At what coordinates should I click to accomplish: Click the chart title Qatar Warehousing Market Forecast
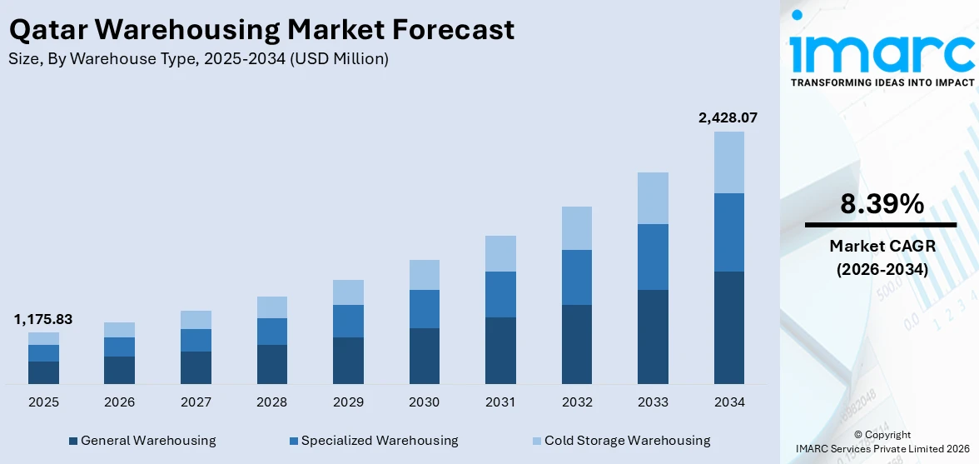(261, 30)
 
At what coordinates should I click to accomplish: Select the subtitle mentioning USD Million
(198, 59)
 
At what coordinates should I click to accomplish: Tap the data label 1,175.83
(43, 319)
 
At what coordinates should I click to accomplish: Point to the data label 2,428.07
(728, 118)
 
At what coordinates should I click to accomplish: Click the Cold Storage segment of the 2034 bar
(728, 162)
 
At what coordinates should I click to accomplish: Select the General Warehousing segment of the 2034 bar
(728, 327)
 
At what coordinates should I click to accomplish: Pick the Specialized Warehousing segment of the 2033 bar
(653, 257)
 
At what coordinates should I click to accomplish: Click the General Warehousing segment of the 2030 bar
(424, 356)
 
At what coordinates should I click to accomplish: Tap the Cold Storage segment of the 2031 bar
(500, 253)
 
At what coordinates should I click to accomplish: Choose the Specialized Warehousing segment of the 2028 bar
(272, 332)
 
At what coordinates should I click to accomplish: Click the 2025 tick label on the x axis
(43, 402)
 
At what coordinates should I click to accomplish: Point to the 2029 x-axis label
(348, 402)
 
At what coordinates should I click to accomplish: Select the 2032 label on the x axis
(577, 402)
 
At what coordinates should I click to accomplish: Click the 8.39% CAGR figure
(881, 204)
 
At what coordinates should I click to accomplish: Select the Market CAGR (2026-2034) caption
(881, 257)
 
